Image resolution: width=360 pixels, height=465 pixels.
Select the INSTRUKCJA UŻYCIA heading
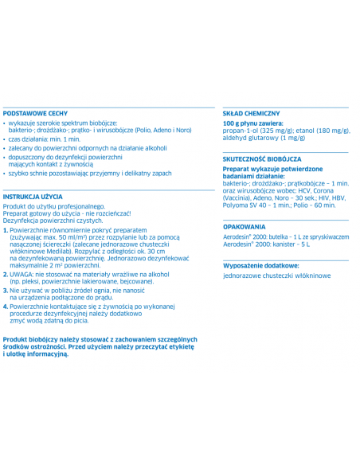click(33, 196)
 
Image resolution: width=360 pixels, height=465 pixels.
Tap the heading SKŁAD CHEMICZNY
click(251, 113)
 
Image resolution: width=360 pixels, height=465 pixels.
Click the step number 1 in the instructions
click(6, 229)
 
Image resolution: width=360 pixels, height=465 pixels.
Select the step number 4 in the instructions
click(6, 306)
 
